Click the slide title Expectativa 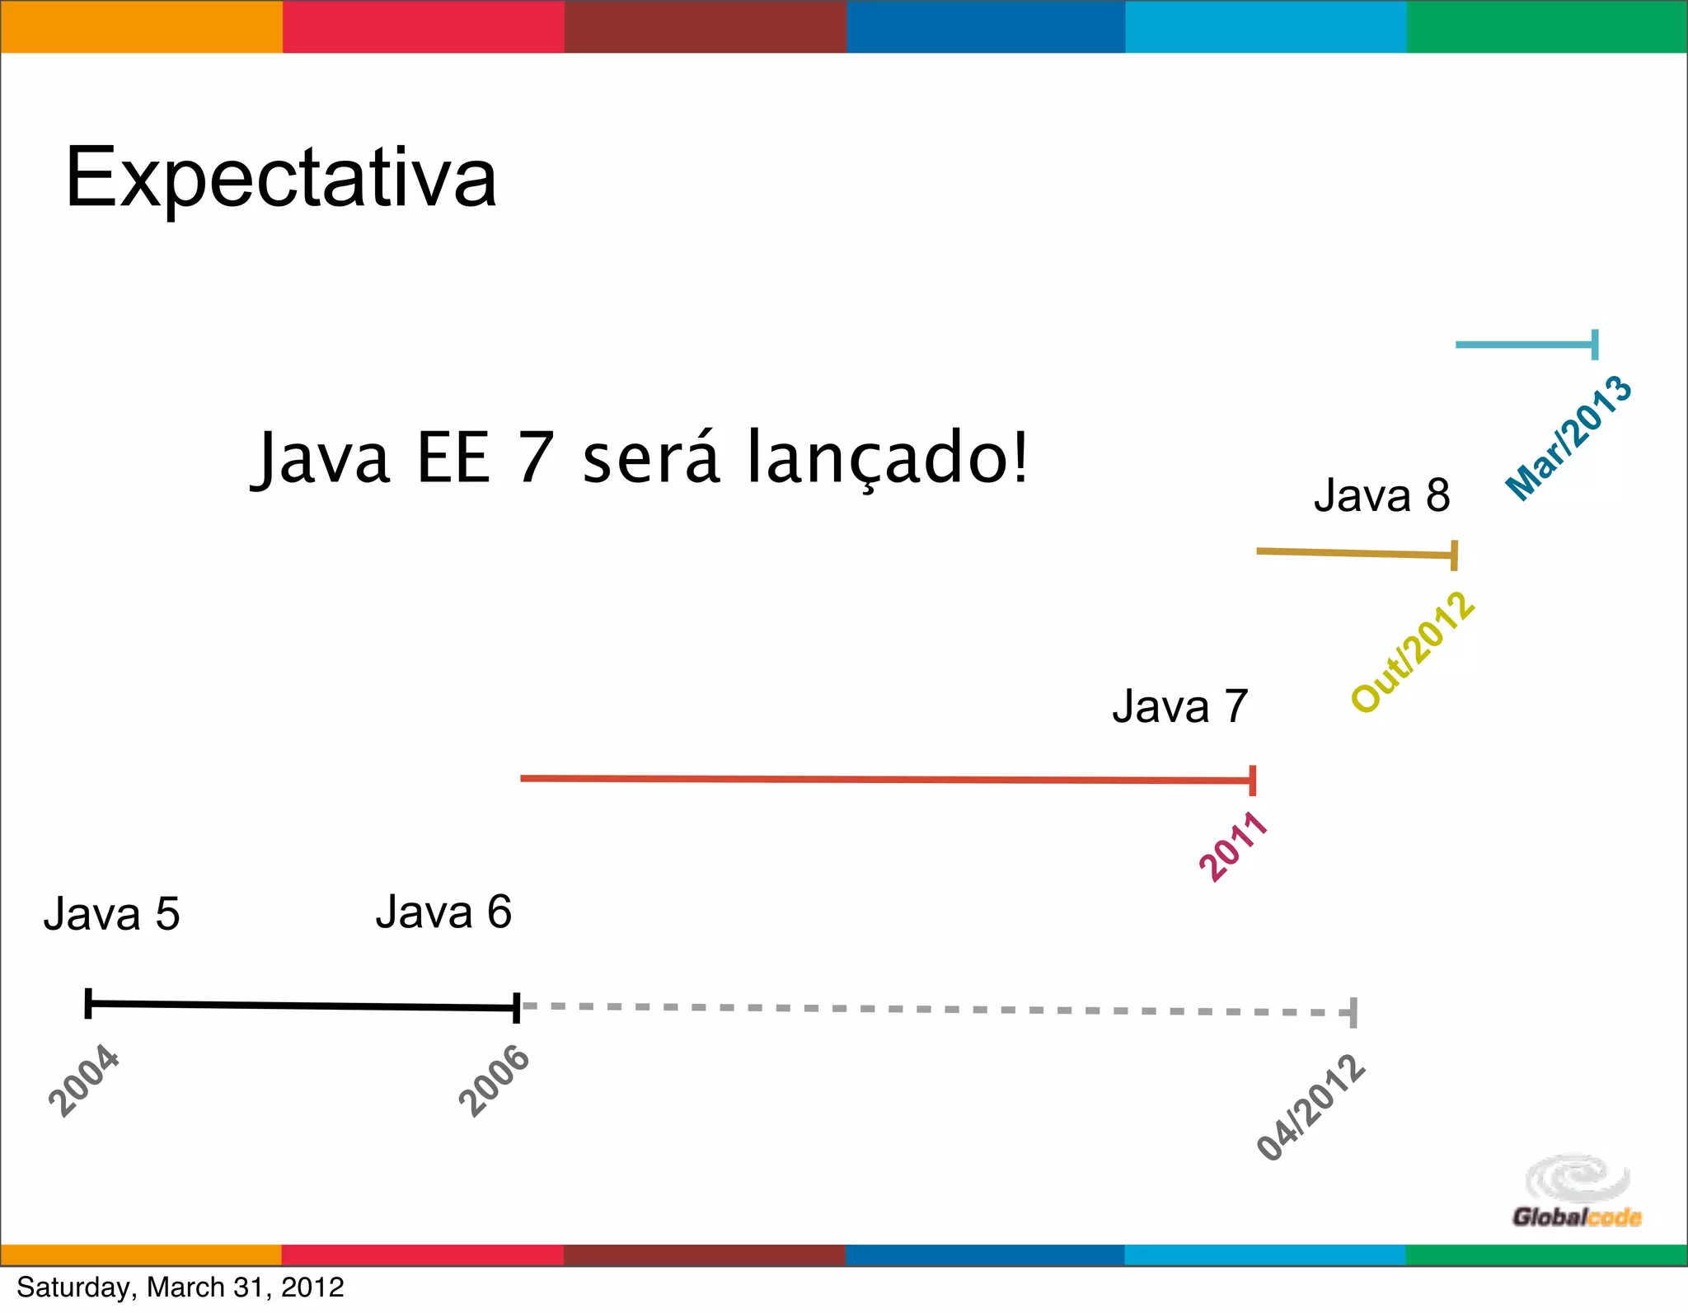click(x=280, y=177)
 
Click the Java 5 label click(x=111, y=914)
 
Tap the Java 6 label click(x=443, y=912)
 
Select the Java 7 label click(x=1179, y=707)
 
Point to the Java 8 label click(x=1381, y=496)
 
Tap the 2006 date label click(x=494, y=1081)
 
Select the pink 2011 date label click(x=1233, y=846)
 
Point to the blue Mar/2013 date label click(x=1568, y=438)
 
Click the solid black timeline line click(x=302, y=1005)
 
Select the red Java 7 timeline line click(x=886, y=779)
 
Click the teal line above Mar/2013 click(x=1525, y=345)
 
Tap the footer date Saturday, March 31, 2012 click(x=181, y=1287)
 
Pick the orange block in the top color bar click(x=141, y=26)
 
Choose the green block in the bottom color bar click(x=1546, y=1254)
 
